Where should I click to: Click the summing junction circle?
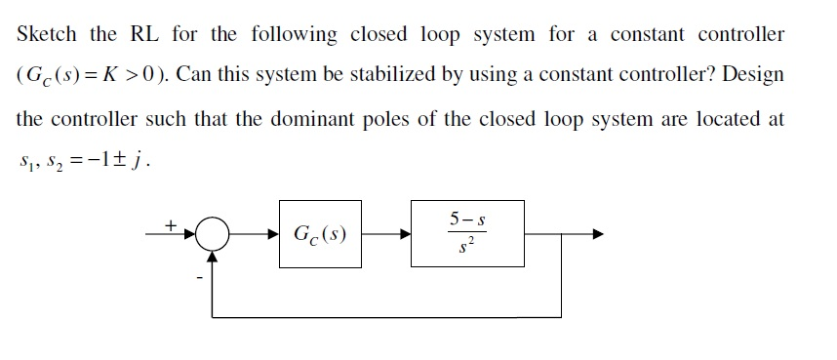(212, 234)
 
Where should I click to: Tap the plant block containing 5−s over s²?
(466, 235)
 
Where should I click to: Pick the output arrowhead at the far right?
(597, 235)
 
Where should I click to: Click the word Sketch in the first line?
(47, 34)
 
